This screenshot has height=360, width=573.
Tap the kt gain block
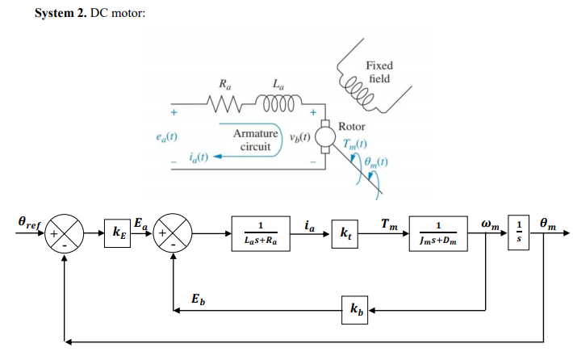[346, 234]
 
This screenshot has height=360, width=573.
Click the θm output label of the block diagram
[548, 220]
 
